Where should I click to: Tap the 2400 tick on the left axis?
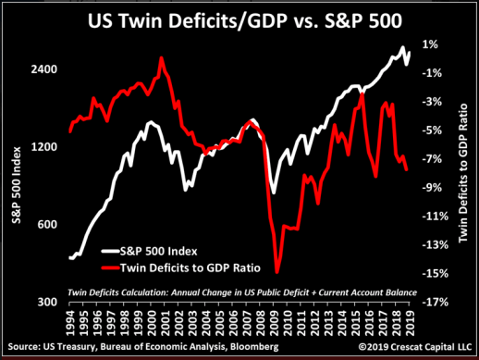47,70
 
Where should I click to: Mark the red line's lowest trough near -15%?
276,271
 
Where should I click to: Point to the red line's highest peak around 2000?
162,58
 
